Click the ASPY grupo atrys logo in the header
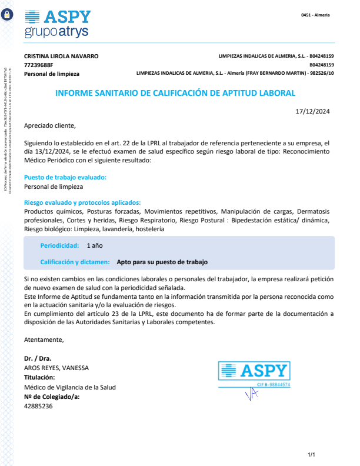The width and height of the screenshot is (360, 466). (x=58, y=24)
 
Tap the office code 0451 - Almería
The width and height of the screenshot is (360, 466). (x=315, y=15)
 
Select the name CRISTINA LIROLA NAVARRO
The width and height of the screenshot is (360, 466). (x=61, y=56)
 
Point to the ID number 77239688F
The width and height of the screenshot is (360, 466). (x=38, y=65)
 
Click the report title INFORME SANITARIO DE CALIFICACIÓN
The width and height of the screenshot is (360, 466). (x=175, y=93)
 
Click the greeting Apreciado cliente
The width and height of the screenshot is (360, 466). (x=50, y=125)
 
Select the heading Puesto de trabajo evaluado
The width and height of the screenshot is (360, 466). (x=65, y=177)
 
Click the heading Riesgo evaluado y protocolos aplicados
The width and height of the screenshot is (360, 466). (x=82, y=202)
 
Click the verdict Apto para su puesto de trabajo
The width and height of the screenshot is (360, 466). (x=162, y=262)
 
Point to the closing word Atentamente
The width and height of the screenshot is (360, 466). (x=44, y=339)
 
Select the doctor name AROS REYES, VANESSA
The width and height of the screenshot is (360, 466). (x=56, y=368)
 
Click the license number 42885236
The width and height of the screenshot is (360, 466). (x=38, y=406)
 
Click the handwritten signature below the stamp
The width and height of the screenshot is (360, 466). (x=252, y=395)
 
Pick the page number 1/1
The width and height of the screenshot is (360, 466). (x=312, y=455)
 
